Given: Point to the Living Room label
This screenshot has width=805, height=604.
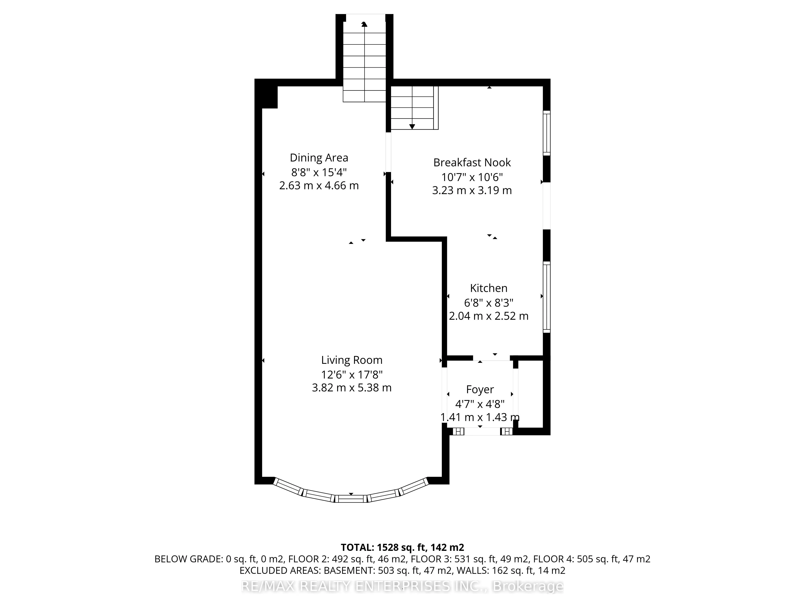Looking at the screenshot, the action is pyautogui.click(x=352, y=360).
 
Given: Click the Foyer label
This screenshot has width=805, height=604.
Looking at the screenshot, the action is pyautogui.click(x=480, y=390).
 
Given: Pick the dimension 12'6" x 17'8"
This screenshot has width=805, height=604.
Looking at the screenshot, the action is pyautogui.click(x=352, y=374).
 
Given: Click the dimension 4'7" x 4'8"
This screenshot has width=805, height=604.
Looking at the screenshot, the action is pyautogui.click(x=480, y=404).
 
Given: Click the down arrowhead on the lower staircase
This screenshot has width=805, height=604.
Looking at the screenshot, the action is pyautogui.click(x=412, y=126).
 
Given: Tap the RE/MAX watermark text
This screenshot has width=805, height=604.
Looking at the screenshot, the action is pyautogui.click(x=402, y=586).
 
